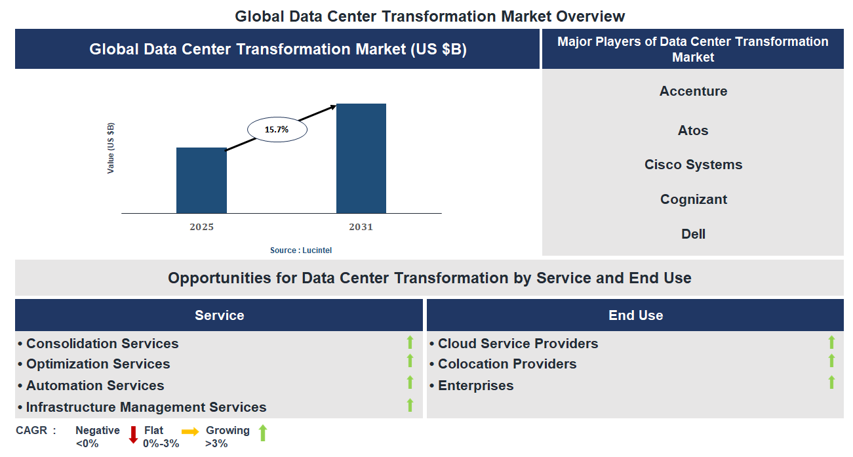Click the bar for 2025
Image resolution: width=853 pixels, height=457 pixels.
(201, 180)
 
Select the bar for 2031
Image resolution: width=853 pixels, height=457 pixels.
(361, 158)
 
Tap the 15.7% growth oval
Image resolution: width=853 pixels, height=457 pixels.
(277, 130)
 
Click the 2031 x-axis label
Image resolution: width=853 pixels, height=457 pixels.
(361, 227)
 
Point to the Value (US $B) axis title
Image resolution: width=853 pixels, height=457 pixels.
(111, 148)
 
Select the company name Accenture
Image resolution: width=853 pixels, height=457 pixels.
(693, 91)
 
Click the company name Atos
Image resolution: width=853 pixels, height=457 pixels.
(693, 130)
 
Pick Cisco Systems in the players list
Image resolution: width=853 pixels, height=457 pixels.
(693, 165)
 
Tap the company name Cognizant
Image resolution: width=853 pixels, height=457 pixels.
(693, 199)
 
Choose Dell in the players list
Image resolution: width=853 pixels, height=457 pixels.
(693, 234)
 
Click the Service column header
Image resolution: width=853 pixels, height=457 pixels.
(219, 315)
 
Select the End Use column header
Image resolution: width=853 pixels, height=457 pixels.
(635, 315)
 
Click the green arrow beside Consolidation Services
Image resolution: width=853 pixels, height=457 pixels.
(410, 342)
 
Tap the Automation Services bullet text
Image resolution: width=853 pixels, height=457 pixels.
(95, 386)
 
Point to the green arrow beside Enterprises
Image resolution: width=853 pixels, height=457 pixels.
(831, 382)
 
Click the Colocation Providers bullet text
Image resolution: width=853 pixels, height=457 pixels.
(507, 364)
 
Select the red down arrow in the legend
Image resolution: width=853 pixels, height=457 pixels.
(133, 434)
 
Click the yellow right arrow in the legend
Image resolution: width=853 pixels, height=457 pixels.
(190, 431)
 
